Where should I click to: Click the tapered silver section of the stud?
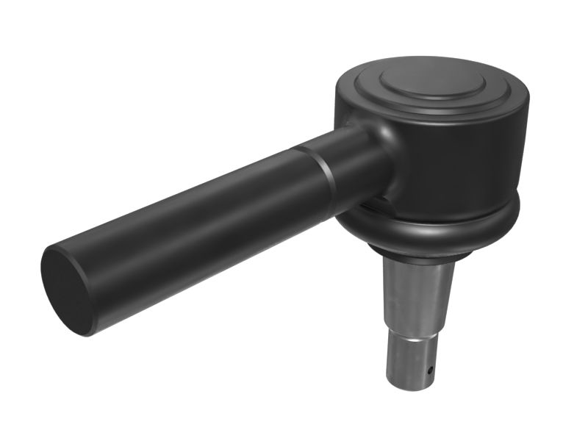pyautogui.click(x=418, y=294)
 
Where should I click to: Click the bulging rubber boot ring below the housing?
pyautogui.click(x=441, y=228)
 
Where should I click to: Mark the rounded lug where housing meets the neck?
pyautogui.click(x=360, y=121)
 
